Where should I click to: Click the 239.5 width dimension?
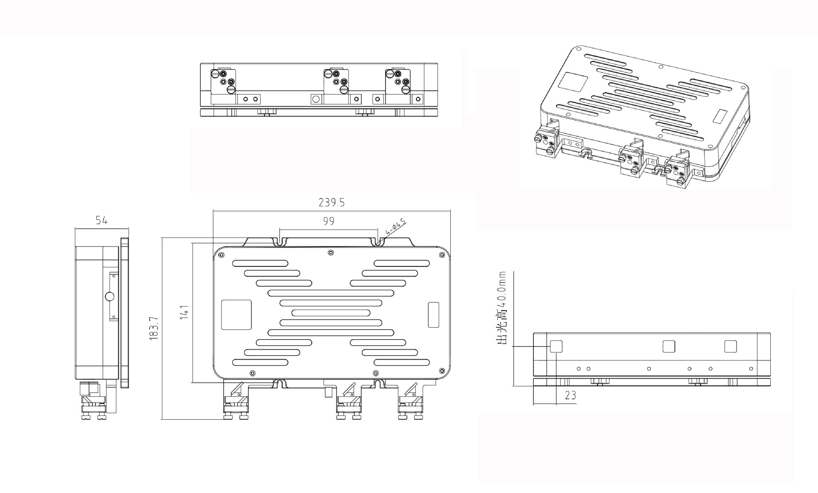pos(331,203)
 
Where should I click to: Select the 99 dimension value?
pos(328,221)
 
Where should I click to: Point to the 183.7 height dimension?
pos(154,328)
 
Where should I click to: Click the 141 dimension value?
pos(184,312)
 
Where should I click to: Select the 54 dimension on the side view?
pos(101,220)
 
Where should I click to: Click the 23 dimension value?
pos(570,395)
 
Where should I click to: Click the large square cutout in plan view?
pos(236,314)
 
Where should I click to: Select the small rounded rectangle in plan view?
pos(433,314)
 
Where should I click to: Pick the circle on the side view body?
pos(109,297)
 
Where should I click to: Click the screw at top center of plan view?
pos(331,253)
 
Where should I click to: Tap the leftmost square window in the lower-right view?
pos(556,346)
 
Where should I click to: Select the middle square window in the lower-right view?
pos(669,346)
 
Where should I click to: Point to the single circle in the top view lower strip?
pos(316,99)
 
